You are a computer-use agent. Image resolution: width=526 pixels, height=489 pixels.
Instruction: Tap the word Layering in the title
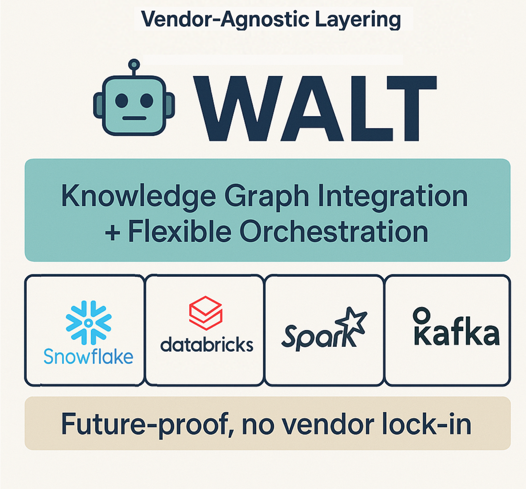coord(358,20)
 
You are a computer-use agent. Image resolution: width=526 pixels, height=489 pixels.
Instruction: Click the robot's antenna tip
coord(134,64)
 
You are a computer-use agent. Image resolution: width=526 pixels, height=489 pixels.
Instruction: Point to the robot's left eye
coord(122,101)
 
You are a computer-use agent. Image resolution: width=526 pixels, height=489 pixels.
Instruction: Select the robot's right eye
coord(147,101)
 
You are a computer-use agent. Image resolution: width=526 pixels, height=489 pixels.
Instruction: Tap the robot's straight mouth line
coord(134,118)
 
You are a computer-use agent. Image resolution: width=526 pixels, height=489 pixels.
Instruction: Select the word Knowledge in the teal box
coord(138,197)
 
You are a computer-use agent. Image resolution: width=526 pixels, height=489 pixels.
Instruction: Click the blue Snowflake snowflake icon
coord(88,322)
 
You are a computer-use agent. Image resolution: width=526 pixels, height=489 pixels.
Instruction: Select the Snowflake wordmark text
coord(88,357)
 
